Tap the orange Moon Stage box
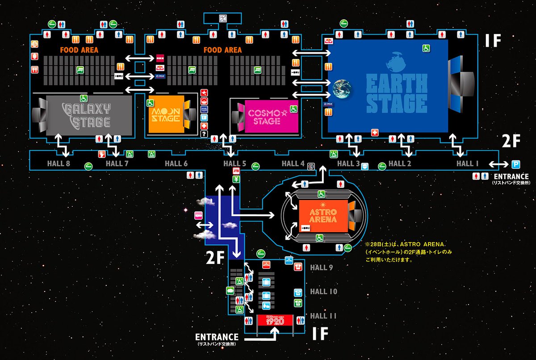(x=166, y=114)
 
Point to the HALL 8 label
(x=59, y=163)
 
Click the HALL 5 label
(x=235, y=163)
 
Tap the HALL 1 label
(x=467, y=163)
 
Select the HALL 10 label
(x=323, y=292)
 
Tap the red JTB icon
(x=236, y=171)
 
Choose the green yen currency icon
(x=236, y=179)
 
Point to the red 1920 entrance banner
(x=275, y=321)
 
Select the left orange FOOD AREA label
(x=80, y=50)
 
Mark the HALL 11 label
(x=323, y=316)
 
